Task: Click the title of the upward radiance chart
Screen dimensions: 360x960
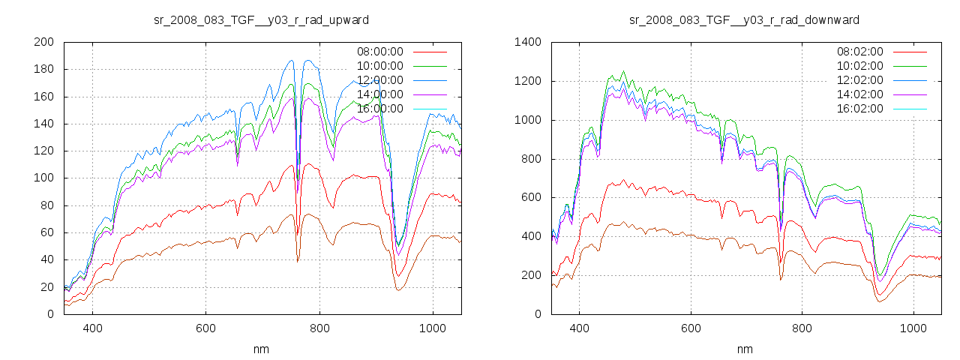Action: (261, 19)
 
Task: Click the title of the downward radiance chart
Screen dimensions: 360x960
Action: (744, 19)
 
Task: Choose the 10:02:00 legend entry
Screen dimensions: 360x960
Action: (859, 66)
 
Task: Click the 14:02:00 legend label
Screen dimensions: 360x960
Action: (859, 94)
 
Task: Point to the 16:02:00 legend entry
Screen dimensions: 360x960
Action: (859, 109)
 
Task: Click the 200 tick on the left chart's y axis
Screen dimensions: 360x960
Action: (43, 42)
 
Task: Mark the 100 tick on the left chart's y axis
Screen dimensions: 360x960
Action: (43, 178)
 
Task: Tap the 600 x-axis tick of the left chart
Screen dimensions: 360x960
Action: (206, 328)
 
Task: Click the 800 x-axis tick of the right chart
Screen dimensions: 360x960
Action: (802, 328)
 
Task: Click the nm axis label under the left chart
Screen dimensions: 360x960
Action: (261, 349)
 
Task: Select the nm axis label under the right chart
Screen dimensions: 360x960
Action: (744, 349)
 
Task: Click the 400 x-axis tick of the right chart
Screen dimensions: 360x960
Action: (578, 328)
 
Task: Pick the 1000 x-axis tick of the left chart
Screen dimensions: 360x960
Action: (433, 328)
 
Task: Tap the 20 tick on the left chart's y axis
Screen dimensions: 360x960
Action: (46, 287)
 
